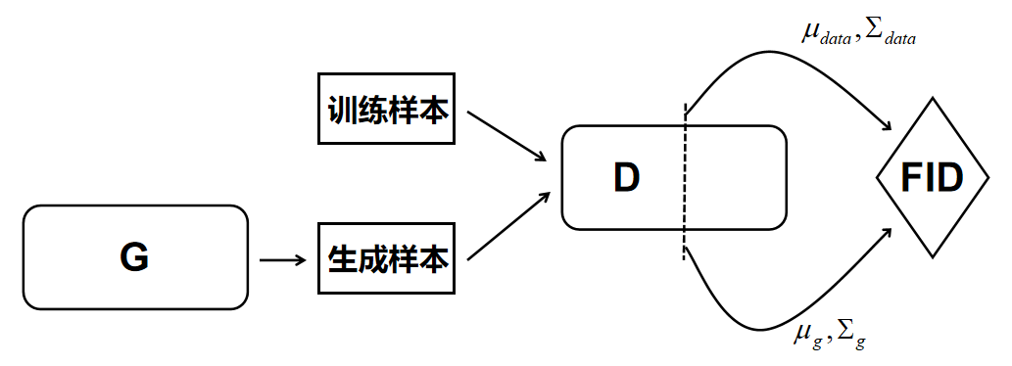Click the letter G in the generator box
tap(134, 257)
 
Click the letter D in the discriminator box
tap(626, 176)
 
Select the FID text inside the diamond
tap(931, 179)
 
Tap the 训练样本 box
tap(387, 109)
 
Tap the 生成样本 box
tap(387, 259)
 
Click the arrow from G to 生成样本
tap(282, 260)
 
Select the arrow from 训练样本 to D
tap(506, 136)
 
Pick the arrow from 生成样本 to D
tap(506, 227)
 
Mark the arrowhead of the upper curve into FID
tap(888, 127)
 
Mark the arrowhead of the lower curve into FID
tap(887, 233)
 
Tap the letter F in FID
tap(906, 179)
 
